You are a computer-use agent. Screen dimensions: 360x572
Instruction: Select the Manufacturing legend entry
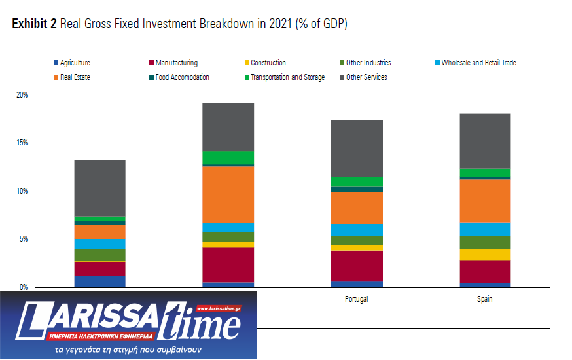pyautogui.click(x=176, y=63)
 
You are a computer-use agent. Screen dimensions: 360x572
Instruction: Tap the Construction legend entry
pyautogui.click(x=268, y=63)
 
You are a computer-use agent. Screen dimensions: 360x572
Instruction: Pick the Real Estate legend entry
pyautogui.click(x=75, y=77)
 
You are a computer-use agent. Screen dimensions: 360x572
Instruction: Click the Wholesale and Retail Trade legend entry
pyautogui.click(x=478, y=63)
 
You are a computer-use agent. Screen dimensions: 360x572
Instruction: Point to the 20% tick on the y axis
pyautogui.click(x=22, y=95)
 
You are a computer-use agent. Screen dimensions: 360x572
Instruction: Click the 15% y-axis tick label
pyautogui.click(x=22, y=143)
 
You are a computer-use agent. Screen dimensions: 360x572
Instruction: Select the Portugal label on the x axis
pyautogui.click(x=357, y=299)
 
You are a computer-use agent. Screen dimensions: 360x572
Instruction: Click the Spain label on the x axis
pyautogui.click(x=484, y=299)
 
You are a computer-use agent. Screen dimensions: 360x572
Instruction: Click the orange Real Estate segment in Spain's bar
pyautogui.click(x=484, y=200)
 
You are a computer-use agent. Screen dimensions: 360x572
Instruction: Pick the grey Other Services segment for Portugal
pyautogui.click(x=357, y=148)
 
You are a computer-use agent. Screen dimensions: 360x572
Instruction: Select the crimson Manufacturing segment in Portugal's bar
pyautogui.click(x=357, y=266)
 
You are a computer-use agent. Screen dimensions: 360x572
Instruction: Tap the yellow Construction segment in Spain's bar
pyautogui.click(x=484, y=255)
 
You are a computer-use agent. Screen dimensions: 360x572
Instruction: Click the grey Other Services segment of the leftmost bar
pyautogui.click(x=99, y=188)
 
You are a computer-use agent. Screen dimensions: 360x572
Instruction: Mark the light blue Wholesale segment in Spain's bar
pyautogui.click(x=484, y=228)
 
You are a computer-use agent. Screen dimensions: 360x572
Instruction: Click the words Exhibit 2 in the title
pyautogui.click(x=33, y=25)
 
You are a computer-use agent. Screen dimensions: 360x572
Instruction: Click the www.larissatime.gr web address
pyautogui.click(x=219, y=308)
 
